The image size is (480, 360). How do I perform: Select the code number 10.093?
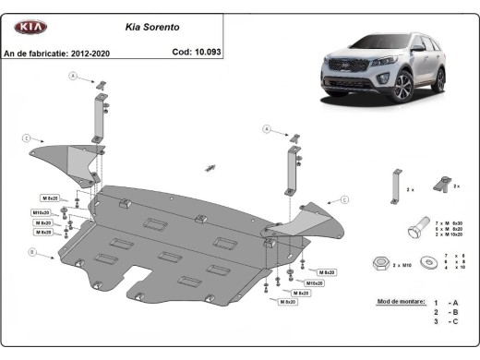(206, 53)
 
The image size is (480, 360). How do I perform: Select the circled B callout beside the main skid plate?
(32, 251)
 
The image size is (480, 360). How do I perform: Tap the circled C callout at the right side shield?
(343, 198)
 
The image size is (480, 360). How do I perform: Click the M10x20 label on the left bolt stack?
(41, 212)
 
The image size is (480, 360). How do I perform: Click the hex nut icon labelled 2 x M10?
(379, 264)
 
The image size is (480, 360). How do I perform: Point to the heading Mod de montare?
(400, 301)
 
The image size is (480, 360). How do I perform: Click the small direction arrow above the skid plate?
(211, 167)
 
